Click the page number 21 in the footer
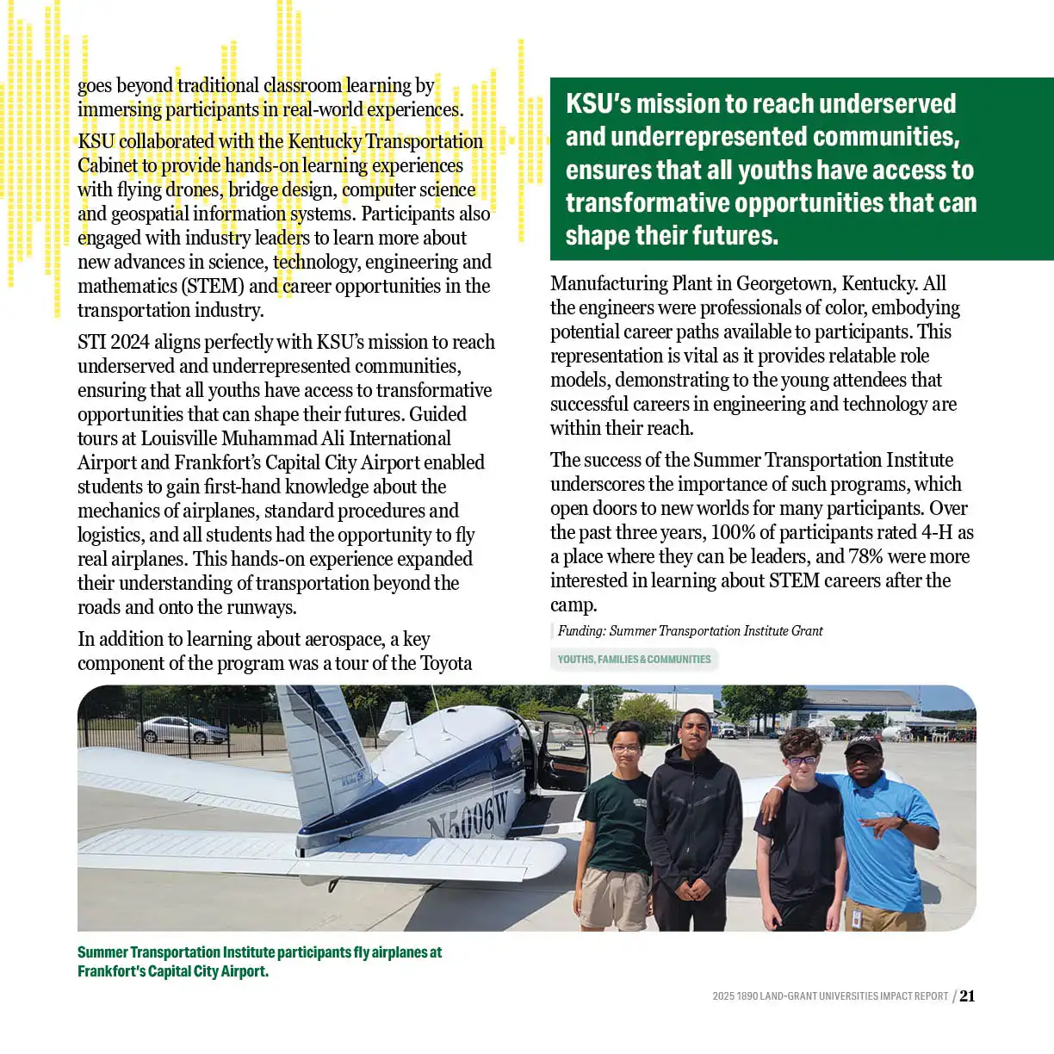[968, 996]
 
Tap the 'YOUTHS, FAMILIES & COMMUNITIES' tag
[634, 660]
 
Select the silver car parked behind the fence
[182, 730]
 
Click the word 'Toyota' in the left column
[446, 664]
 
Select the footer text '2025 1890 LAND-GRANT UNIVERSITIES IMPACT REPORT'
[829, 996]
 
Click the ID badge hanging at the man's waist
[856, 917]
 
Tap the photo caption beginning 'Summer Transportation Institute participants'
[259, 962]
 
